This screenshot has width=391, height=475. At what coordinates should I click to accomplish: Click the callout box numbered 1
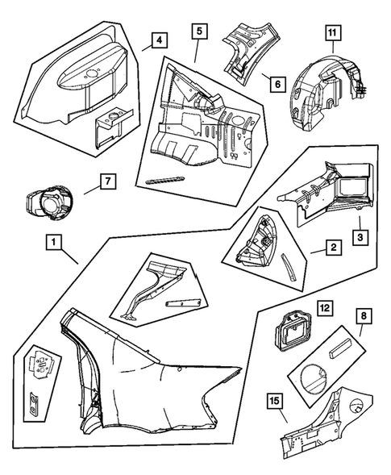pyautogui.click(x=53, y=242)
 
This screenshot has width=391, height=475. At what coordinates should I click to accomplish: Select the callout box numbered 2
pyautogui.click(x=334, y=248)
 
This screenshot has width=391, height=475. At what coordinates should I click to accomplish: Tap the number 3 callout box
pyautogui.click(x=360, y=237)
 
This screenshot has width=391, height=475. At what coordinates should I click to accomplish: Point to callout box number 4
pyautogui.click(x=160, y=40)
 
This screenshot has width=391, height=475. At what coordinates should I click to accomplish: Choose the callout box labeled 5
pyautogui.click(x=200, y=31)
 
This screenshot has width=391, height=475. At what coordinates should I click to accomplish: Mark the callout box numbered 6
pyautogui.click(x=278, y=84)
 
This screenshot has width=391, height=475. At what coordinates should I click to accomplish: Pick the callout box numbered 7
pyautogui.click(x=108, y=181)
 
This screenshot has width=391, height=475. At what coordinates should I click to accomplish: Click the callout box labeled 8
pyautogui.click(x=364, y=316)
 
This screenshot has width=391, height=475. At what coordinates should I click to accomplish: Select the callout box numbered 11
pyautogui.click(x=332, y=33)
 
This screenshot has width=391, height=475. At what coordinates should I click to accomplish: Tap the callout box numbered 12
pyautogui.click(x=324, y=309)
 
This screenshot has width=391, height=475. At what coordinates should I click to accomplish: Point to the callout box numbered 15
pyautogui.click(x=275, y=401)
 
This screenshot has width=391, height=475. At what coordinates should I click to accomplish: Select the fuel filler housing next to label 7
pyautogui.click(x=48, y=202)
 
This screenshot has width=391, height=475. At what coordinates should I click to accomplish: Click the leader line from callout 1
pyautogui.click(x=70, y=256)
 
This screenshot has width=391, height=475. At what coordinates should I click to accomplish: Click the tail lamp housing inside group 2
pyautogui.click(x=256, y=243)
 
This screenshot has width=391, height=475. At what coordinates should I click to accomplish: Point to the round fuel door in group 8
pyautogui.click(x=315, y=380)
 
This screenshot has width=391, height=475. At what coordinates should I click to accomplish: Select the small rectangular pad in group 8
pyautogui.click(x=340, y=349)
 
